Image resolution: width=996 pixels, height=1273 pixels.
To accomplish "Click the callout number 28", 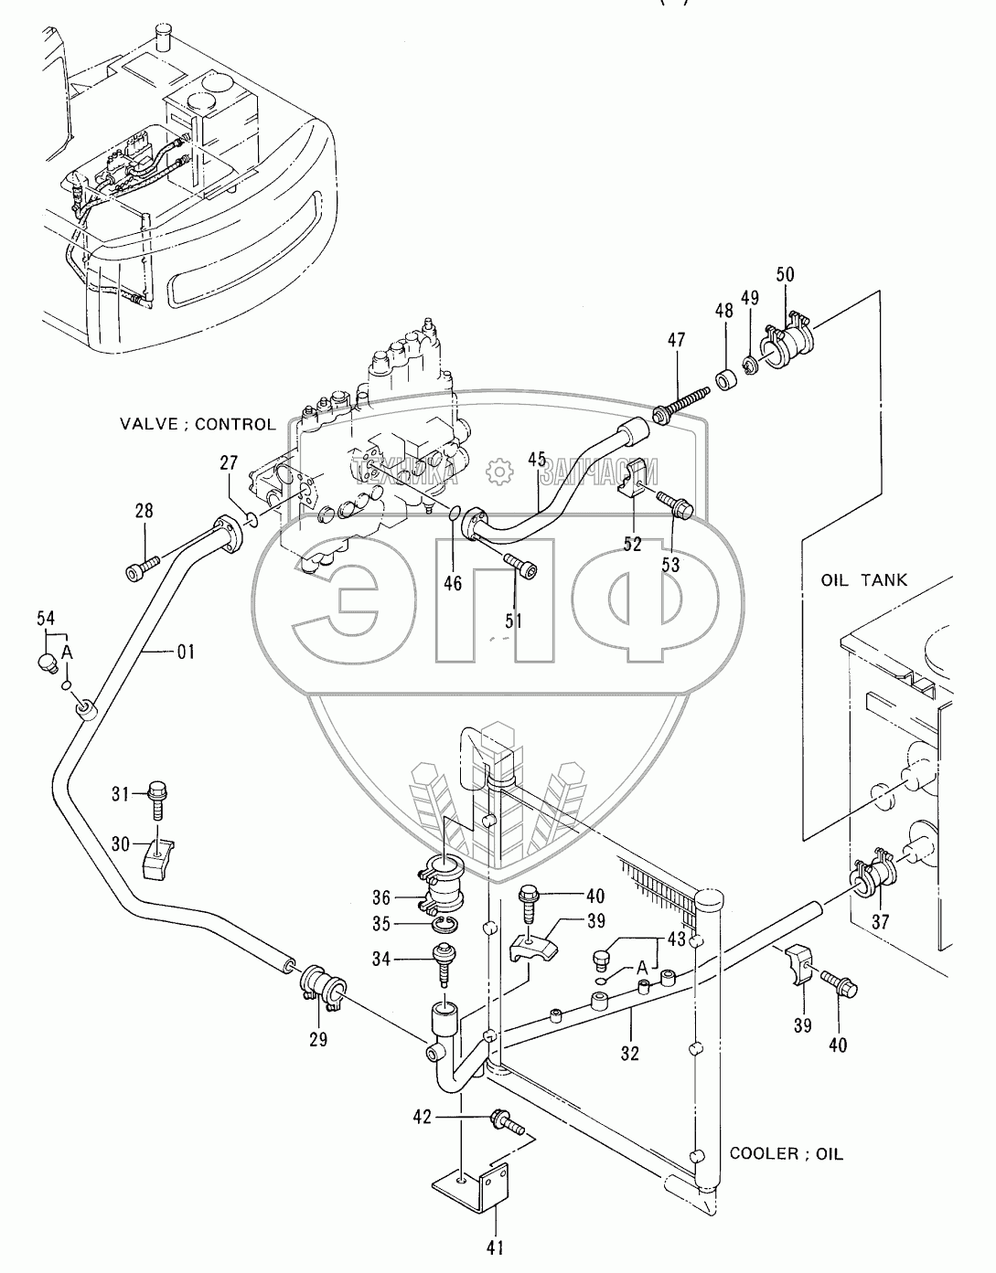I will click(x=144, y=511).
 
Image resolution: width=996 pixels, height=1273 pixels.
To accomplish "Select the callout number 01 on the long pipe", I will click(x=186, y=652).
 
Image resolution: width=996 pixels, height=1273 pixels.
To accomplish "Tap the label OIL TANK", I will click(x=863, y=579).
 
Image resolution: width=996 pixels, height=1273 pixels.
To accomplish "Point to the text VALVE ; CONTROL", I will click(x=198, y=424).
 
